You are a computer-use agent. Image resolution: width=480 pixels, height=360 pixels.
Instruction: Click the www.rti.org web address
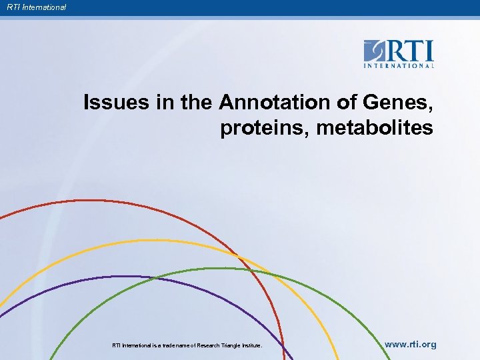411,345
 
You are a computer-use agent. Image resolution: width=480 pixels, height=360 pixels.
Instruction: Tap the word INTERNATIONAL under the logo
399,65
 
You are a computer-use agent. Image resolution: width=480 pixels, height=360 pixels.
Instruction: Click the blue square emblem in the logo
375,51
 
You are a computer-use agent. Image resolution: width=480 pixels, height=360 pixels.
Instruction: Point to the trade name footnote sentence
187,345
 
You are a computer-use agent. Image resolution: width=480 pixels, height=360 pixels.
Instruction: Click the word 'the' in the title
197,103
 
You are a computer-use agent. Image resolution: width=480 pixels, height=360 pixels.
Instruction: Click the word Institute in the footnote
252,345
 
